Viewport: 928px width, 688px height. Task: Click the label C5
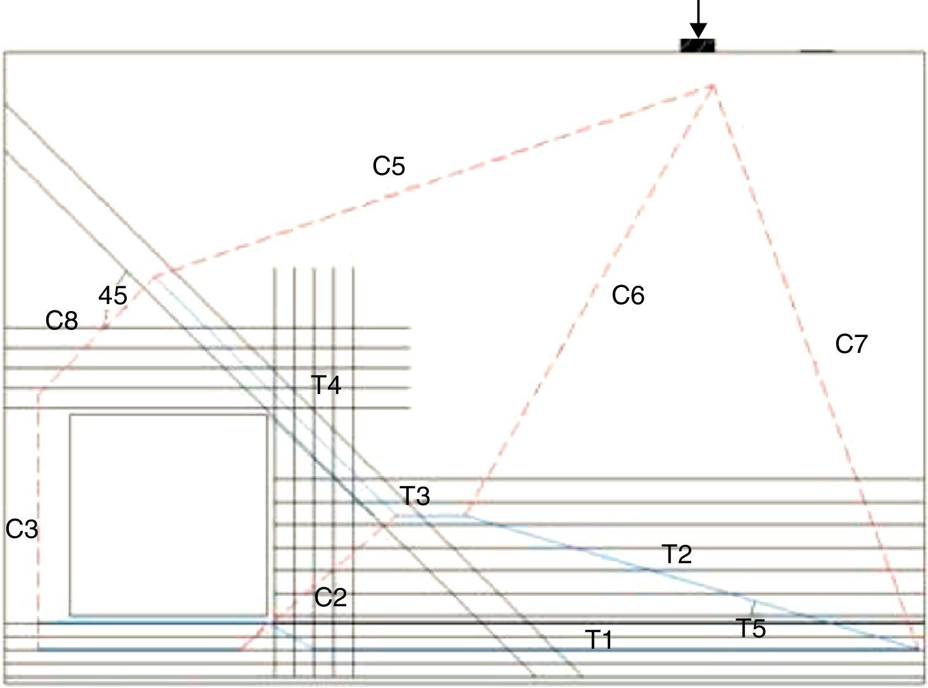(x=388, y=166)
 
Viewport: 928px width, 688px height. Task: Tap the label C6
(x=627, y=295)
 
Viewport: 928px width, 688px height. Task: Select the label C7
(x=850, y=344)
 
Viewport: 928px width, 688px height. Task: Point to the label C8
(x=61, y=321)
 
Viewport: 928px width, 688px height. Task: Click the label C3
(x=22, y=528)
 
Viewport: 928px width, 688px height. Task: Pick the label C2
(x=330, y=597)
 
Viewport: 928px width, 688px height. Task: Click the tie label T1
(x=599, y=640)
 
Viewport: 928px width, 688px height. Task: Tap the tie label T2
(x=677, y=554)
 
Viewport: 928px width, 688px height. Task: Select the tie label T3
(x=415, y=496)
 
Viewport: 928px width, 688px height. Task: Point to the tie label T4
(x=326, y=385)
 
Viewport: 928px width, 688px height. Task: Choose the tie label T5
(x=751, y=628)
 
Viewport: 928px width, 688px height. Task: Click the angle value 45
(x=113, y=295)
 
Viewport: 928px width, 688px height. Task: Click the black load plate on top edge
(x=697, y=46)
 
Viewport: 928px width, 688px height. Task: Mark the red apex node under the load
(x=713, y=86)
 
